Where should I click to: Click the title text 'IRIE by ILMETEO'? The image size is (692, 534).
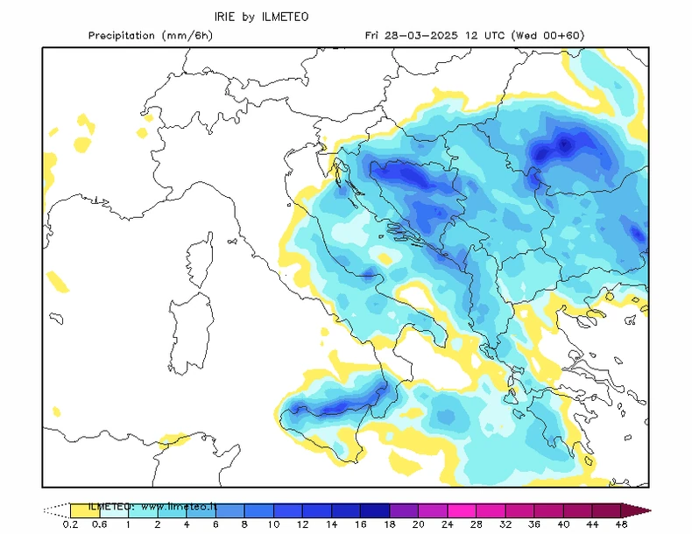[x=262, y=17]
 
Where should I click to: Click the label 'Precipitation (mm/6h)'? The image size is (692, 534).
[x=150, y=36]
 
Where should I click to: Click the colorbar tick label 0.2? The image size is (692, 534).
[x=70, y=523]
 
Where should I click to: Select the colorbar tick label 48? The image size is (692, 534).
[x=621, y=523]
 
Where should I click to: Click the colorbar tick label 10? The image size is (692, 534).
[x=274, y=523]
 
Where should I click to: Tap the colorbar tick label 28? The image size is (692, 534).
[x=477, y=523]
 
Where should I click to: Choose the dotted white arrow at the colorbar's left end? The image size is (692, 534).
[x=56, y=509]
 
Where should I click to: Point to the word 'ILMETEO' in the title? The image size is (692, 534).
[x=286, y=17]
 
